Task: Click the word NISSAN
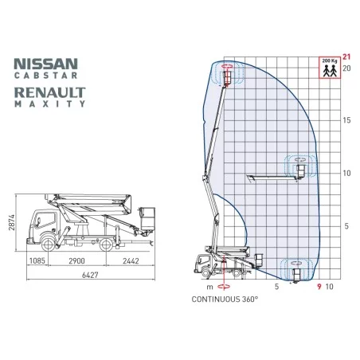[x=46, y=64]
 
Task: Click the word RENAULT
[x=50, y=92]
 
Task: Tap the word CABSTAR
[x=46, y=76]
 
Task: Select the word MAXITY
[x=50, y=104]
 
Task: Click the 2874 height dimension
[x=12, y=222]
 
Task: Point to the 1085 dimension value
[x=37, y=261]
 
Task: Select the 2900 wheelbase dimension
[x=76, y=261]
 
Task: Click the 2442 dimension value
[x=131, y=261]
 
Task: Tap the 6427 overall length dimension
[x=90, y=275]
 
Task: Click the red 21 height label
[x=346, y=57]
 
